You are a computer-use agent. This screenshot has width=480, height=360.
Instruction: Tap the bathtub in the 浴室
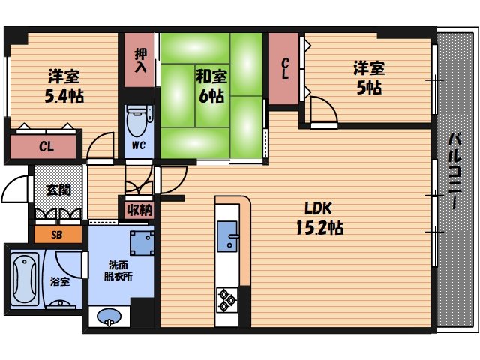coord(25,279)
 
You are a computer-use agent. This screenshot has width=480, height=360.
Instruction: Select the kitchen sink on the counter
coord(227,236)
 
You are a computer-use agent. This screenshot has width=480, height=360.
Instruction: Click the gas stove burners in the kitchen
coord(227,300)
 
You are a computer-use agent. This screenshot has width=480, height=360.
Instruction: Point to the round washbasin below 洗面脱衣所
coord(109,316)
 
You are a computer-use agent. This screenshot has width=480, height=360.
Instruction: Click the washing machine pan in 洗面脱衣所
coord(142,243)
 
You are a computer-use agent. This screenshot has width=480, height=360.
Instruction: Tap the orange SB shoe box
coord(58,235)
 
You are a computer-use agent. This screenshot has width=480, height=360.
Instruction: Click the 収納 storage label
coord(139,210)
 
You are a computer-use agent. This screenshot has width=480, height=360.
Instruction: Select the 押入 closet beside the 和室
coord(139,60)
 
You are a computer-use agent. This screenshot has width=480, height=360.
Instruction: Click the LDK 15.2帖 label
coord(320,218)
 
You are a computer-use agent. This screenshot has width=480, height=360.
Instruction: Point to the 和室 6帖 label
coord(211,86)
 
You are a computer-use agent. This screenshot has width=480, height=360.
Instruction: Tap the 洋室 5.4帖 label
coord(64,86)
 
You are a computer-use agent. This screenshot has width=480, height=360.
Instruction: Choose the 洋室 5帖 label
coord(369,78)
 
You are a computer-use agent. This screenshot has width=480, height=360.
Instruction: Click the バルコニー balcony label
coord(455,171)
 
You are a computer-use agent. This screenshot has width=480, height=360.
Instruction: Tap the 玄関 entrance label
coord(58,190)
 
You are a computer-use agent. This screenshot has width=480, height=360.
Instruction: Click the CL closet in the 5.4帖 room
coord(43,147)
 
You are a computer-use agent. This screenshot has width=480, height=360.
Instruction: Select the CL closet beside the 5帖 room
coord(284,68)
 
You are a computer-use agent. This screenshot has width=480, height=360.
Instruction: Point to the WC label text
coord(138,145)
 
